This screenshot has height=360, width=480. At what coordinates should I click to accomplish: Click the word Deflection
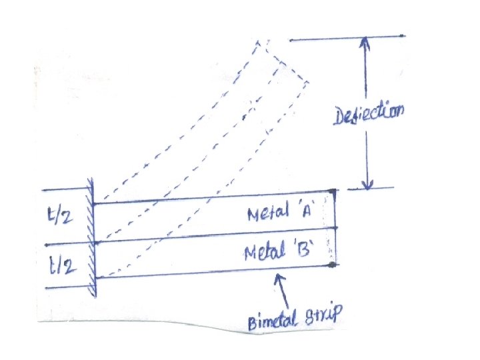[x=369, y=117]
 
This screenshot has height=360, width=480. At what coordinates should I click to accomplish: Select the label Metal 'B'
[x=278, y=253]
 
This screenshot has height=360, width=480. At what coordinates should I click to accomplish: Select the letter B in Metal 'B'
[x=303, y=253]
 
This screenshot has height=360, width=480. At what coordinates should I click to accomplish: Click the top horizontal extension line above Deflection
[x=347, y=37]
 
